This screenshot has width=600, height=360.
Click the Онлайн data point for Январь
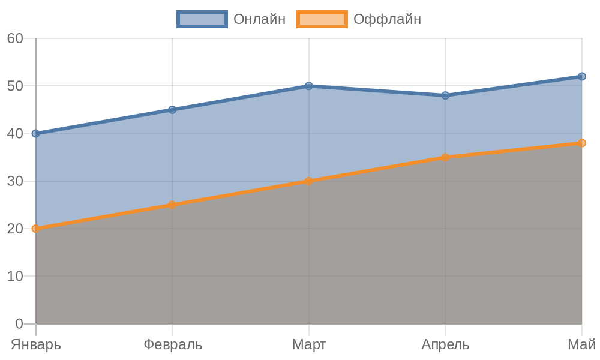coord(35,133)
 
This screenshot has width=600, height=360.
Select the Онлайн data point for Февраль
coord(172,110)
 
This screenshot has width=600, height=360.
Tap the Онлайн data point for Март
coord(308,86)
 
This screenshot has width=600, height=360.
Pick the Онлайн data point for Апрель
coord(445,95)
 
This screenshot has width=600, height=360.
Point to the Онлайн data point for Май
coord(581,76)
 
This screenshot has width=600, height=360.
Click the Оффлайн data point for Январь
coord(35,229)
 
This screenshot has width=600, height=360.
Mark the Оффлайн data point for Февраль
coord(172,205)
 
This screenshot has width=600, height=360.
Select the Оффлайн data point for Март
coord(308,181)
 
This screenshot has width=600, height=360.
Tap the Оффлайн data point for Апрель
coord(445,157)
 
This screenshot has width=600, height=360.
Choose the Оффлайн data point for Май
coord(581,143)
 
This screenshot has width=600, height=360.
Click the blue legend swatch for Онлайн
coord(202,19)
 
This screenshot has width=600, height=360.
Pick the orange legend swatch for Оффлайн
coord(322,19)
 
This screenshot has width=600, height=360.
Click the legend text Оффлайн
coord(387,19)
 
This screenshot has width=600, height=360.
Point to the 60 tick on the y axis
coord(15,38)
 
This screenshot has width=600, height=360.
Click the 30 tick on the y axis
coord(15,181)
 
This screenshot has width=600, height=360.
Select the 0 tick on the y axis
coord(19,324)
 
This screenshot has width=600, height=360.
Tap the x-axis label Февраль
coord(173,345)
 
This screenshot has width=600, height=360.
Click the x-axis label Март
coord(309,345)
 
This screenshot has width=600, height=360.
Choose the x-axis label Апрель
coord(445,345)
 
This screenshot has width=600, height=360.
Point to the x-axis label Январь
coord(36,345)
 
